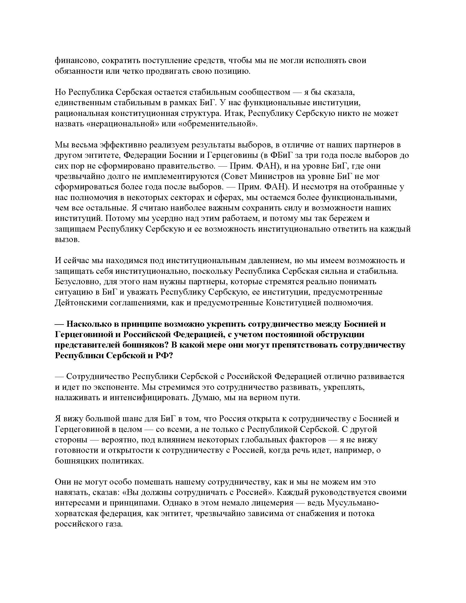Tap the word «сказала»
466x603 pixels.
click(335, 92)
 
